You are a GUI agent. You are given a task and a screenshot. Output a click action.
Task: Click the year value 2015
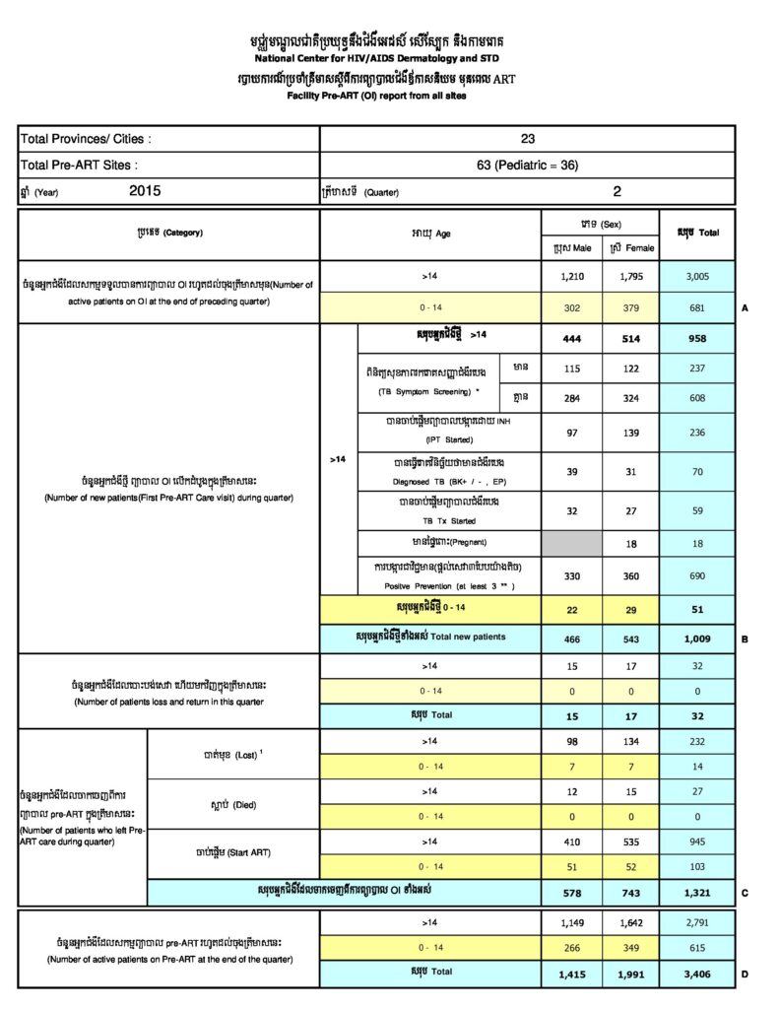point(145,191)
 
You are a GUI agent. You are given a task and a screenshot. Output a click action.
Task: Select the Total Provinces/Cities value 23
point(528,139)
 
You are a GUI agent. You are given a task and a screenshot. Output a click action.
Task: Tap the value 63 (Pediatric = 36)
point(528,165)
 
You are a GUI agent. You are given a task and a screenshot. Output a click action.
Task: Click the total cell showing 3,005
point(697,277)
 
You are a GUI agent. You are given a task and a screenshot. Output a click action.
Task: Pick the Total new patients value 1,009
point(697,638)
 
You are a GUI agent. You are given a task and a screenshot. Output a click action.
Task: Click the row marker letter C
point(746,894)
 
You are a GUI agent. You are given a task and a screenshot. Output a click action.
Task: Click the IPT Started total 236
point(697,432)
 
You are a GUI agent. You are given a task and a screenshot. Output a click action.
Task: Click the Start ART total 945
point(697,842)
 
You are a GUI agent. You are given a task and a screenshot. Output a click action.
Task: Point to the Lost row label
point(232,753)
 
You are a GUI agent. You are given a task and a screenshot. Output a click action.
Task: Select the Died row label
point(232,804)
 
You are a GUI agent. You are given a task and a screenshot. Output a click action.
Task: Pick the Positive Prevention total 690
point(697,573)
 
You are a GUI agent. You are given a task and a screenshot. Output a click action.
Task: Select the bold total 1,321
point(697,894)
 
